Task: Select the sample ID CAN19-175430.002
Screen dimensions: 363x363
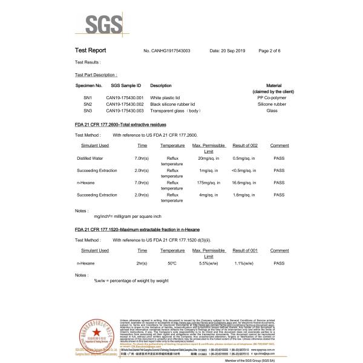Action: point(125,104)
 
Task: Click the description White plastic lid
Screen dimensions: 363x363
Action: point(165,97)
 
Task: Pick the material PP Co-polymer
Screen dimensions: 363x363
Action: point(279,97)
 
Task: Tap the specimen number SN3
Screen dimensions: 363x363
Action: point(87,111)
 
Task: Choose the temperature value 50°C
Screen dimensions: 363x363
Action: point(172,263)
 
